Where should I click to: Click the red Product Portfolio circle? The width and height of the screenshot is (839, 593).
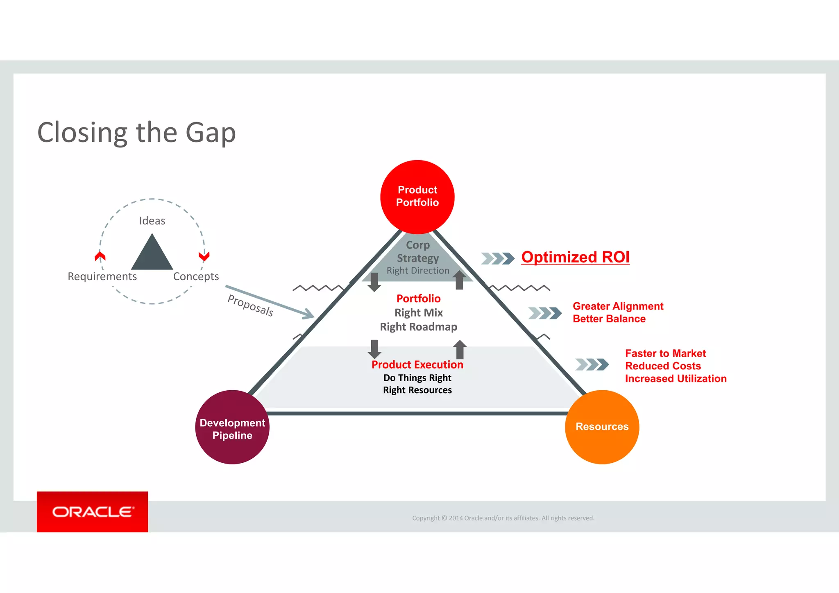(x=417, y=197)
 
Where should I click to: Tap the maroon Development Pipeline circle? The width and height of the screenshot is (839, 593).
(x=232, y=428)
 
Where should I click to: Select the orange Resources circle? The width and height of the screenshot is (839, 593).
(x=602, y=427)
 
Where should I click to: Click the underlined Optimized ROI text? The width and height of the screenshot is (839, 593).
(x=575, y=257)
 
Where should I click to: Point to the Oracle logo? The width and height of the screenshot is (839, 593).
(x=93, y=512)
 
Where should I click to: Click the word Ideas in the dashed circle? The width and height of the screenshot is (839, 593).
(x=152, y=221)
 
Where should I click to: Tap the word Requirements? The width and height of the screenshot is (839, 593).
(x=102, y=276)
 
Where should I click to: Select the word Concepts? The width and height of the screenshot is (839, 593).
(x=196, y=276)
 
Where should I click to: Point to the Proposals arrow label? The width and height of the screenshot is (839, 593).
(x=250, y=306)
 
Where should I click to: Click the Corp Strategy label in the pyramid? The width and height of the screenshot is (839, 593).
(x=417, y=251)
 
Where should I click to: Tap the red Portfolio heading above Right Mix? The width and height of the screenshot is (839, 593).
(x=418, y=299)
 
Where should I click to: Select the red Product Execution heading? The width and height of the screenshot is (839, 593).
(x=417, y=364)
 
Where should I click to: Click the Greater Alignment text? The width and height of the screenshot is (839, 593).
(x=618, y=306)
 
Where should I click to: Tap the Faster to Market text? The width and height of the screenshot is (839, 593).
(x=665, y=353)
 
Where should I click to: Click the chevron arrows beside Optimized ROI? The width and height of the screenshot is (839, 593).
(x=498, y=258)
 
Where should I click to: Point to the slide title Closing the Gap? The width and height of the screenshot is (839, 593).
(x=136, y=133)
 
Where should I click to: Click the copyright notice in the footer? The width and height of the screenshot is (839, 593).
(x=503, y=518)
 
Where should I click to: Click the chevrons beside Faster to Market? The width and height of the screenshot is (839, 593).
(x=592, y=364)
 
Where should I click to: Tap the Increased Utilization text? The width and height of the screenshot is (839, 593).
(x=676, y=379)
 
